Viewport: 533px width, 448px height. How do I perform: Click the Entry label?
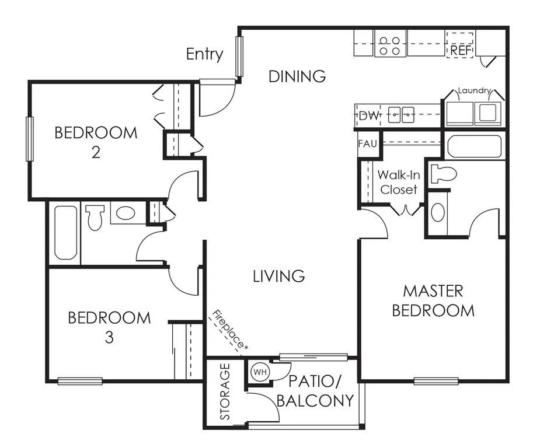click(x=205, y=54)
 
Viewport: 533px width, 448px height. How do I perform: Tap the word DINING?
click(x=297, y=76)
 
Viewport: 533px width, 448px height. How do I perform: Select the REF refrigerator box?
click(x=460, y=45)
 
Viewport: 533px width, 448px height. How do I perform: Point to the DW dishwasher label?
click(x=369, y=116)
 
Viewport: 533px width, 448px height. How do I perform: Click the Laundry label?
click(x=474, y=90)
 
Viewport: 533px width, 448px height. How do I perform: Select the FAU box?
click(x=368, y=143)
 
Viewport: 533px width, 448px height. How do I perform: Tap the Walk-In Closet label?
click(x=399, y=182)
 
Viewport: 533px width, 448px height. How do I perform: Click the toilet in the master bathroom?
click(x=443, y=174)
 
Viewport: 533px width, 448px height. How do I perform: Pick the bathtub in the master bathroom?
click(x=474, y=146)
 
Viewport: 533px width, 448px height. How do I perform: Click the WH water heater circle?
click(x=260, y=372)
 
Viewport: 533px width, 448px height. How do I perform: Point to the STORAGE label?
click(x=225, y=391)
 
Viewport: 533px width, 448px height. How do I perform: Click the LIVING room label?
click(x=278, y=276)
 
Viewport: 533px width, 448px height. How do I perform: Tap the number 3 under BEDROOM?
click(x=109, y=338)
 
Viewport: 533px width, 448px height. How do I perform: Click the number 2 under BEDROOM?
click(x=96, y=152)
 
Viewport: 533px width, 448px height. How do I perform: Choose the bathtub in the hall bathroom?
click(x=65, y=233)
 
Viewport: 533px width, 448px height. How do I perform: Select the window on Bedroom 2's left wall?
click(x=30, y=139)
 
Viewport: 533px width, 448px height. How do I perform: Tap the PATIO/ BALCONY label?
click(x=315, y=391)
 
